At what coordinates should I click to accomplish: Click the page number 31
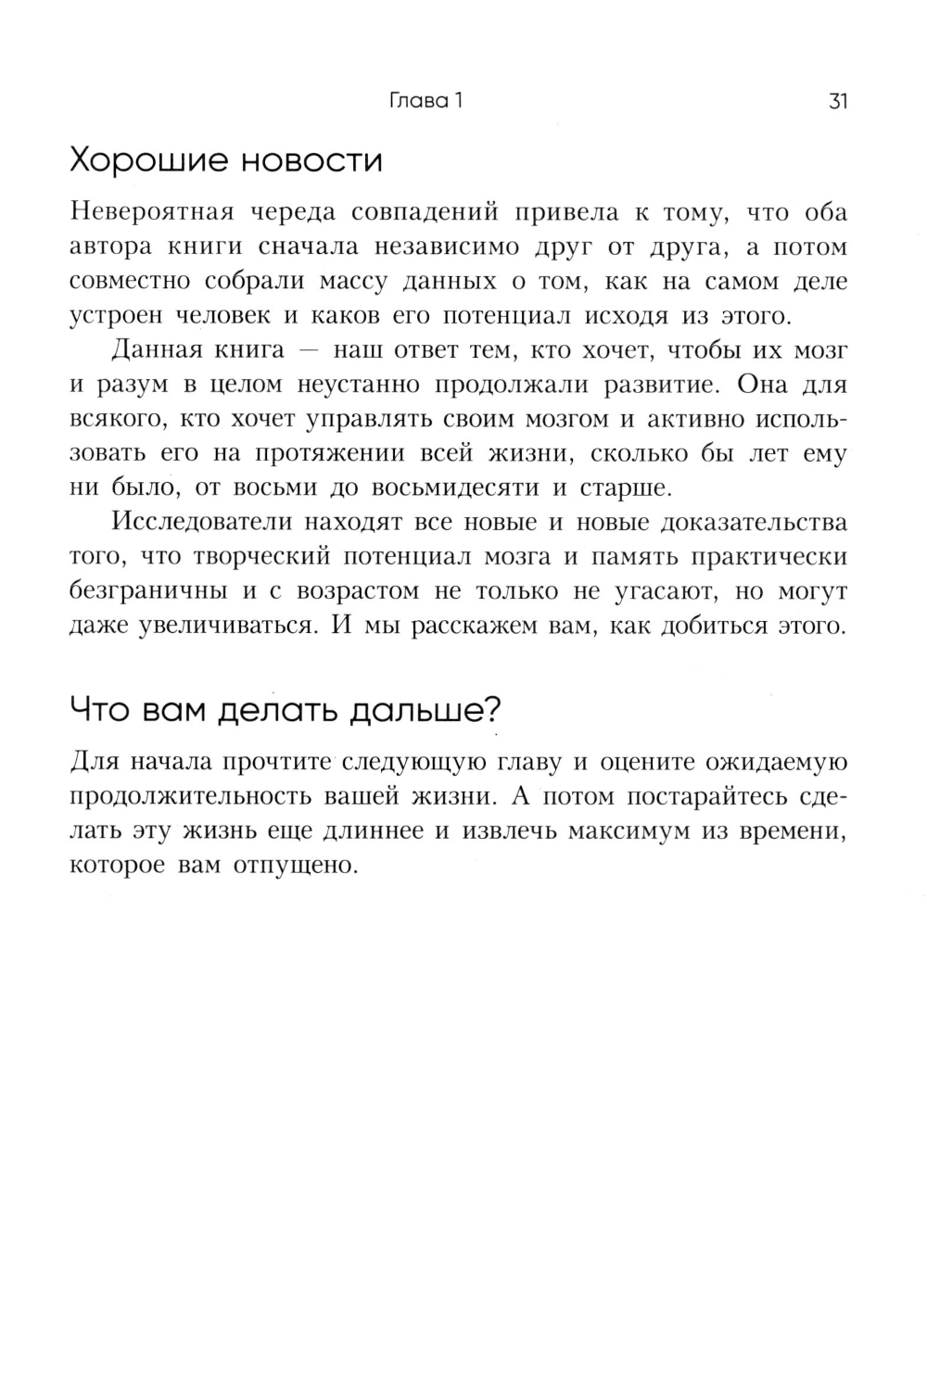[837, 101]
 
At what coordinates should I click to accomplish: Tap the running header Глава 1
[425, 101]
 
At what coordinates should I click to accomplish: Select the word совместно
[130, 282]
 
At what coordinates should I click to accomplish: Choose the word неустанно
[356, 386]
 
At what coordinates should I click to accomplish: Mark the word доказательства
[753, 523]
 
